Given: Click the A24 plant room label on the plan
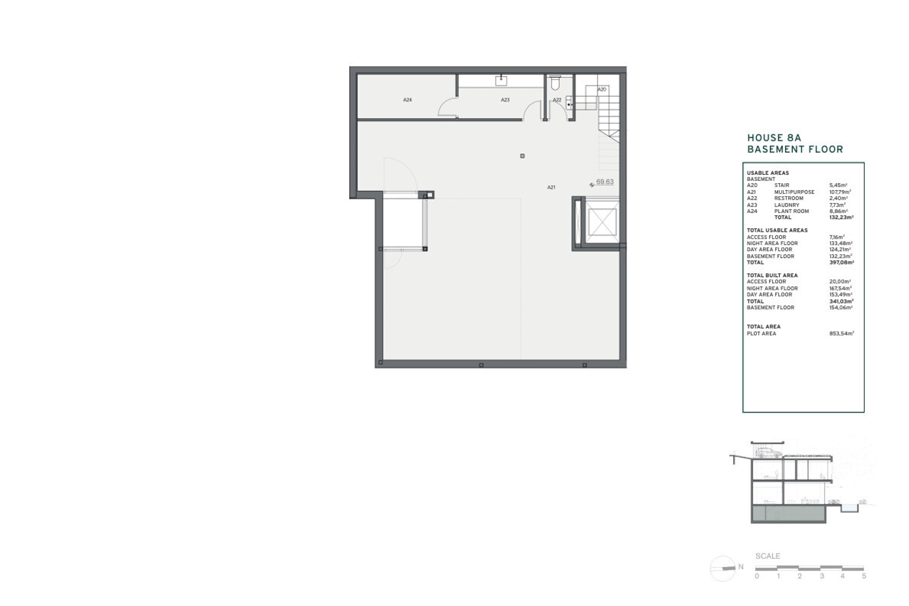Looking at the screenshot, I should click(407, 100).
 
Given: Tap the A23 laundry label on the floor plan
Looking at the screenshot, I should click(505, 100).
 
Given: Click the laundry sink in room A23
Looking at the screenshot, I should click(501, 81).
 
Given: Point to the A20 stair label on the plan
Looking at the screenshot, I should click(601, 90).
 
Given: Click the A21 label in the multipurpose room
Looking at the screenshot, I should click(551, 187).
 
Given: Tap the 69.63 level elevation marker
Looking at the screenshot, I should click(604, 182).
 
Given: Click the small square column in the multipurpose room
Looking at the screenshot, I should click(522, 156).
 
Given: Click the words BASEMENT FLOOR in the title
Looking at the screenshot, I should click(795, 149).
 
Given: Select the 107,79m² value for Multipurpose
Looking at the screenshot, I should click(840, 192).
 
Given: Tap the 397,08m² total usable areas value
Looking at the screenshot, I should click(842, 263).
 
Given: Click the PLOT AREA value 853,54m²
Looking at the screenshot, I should click(842, 334).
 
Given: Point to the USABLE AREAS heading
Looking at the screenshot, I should click(768, 173).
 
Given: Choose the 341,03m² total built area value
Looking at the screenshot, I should click(842, 301).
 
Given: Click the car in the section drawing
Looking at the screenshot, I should click(768, 453).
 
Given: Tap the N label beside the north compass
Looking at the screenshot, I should click(741, 567).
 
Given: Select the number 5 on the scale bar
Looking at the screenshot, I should click(864, 576).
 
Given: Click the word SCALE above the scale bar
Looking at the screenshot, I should click(768, 556).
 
